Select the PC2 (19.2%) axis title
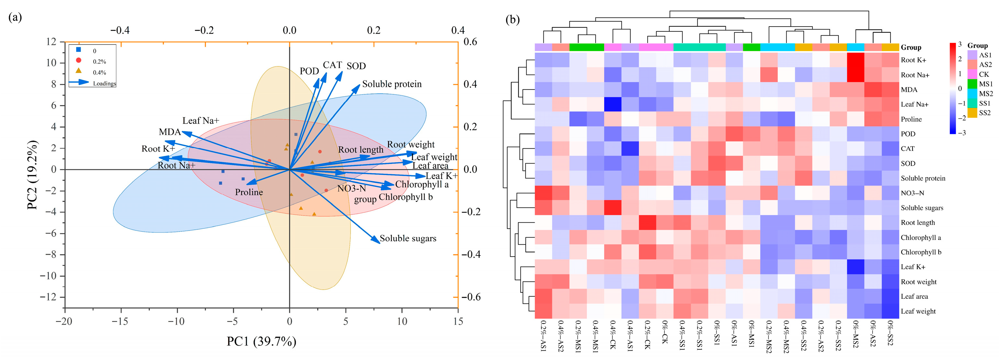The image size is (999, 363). tap(33, 175)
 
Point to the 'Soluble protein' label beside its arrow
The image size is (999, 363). tap(392, 84)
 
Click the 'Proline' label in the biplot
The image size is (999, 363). tap(249, 192)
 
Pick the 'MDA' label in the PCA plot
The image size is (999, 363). tap(170, 132)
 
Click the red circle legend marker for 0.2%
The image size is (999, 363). tap(79, 60)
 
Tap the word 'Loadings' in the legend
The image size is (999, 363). tap(104, 83)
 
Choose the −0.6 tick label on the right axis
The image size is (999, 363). tap(471, 297)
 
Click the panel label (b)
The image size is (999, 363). tap(512, 19)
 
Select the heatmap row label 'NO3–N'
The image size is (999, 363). tap(912, 193)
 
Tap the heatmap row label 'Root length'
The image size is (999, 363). tap(918, 222)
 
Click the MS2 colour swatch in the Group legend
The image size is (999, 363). tap(972, 93)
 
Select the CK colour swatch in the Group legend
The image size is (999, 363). tap(972, 74)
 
